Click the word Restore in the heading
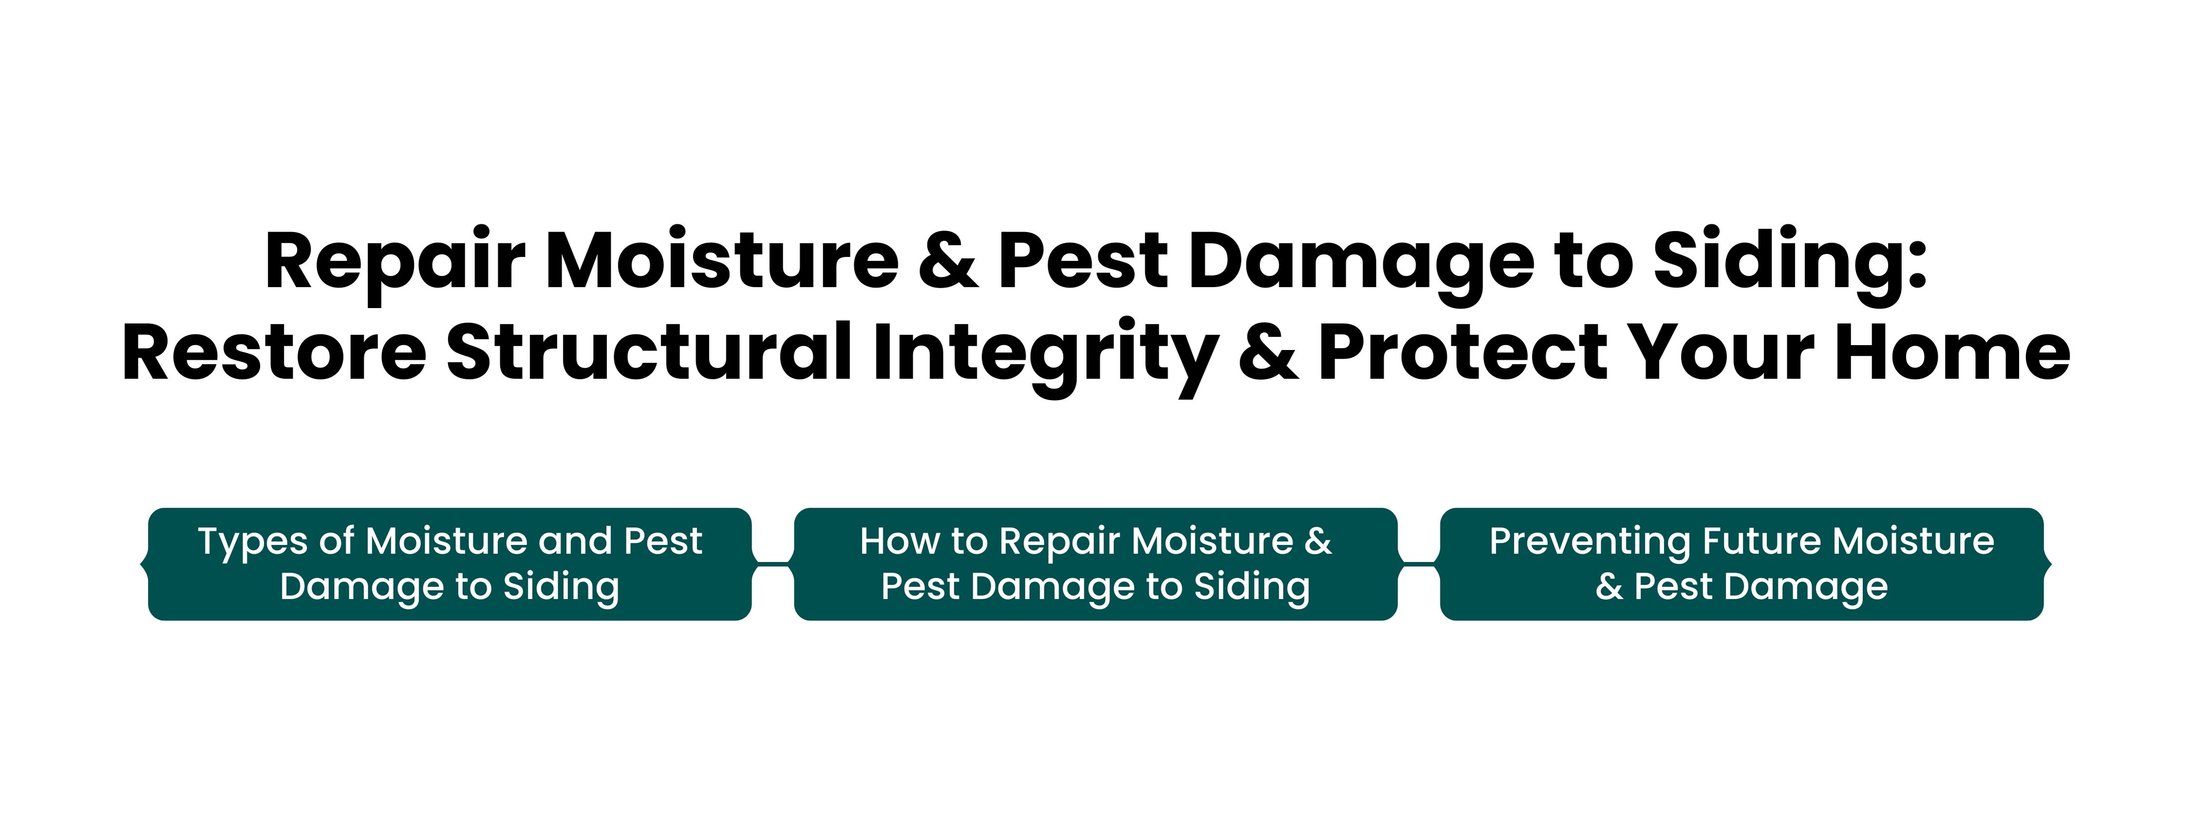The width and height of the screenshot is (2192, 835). pyautogui.click(x=274, y=351)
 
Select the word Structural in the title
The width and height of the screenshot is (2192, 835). pyautogui.click(x=649, y=351)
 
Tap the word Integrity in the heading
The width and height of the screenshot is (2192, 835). pyautogui.click(x=1044, y=357)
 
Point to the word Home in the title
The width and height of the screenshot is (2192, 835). pyautogui.click(x=1953, y=351)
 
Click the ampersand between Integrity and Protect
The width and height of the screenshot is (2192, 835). pyautogui.click(x=1268, y=351)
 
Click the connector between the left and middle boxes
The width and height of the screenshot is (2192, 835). pyautogui.click(x=773, y=563)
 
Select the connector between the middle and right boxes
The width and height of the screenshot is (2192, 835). pyautogui.click(x=1418, y=563)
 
